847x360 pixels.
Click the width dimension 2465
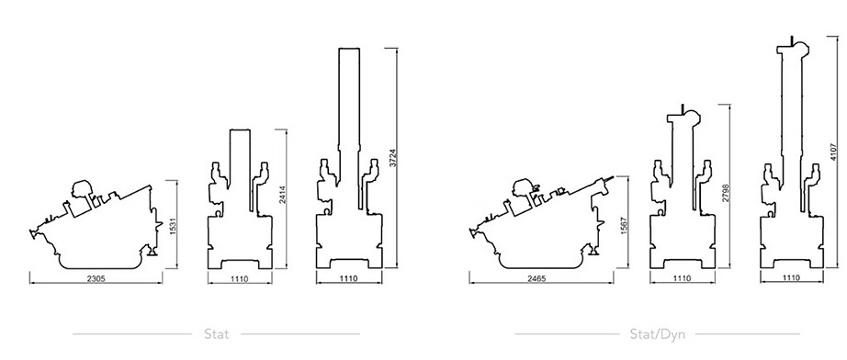534,277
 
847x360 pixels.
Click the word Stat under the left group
217,333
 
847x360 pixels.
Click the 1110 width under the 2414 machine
239,277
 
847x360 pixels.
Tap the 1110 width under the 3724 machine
346,277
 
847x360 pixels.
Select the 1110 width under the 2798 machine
683,277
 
